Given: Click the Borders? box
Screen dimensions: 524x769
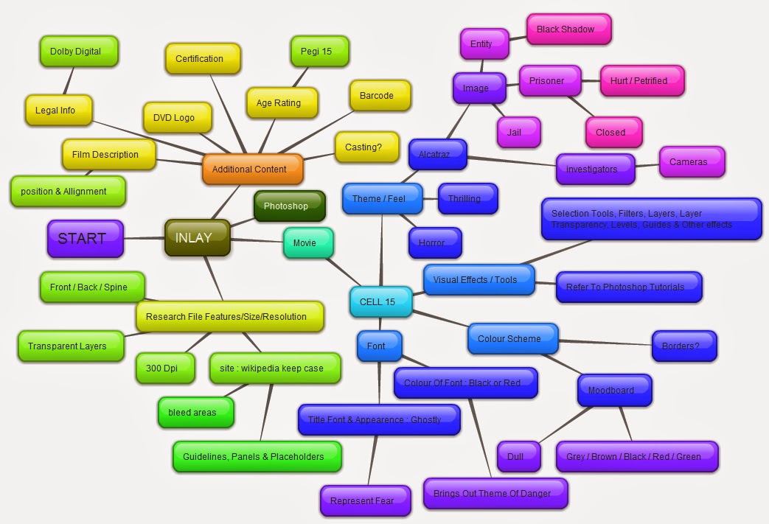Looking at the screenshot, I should click(683, 346).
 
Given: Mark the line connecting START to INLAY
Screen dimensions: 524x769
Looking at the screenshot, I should click(144, 238).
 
